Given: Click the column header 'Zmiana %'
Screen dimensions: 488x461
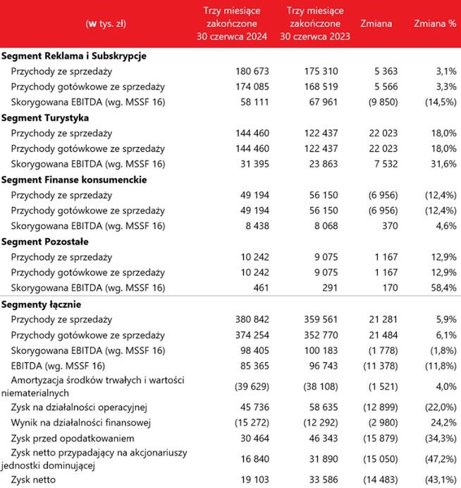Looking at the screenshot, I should click(434, 23).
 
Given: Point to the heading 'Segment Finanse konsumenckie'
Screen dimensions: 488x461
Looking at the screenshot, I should click(74, 179).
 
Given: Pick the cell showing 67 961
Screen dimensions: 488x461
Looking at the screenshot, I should click(331, 102).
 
